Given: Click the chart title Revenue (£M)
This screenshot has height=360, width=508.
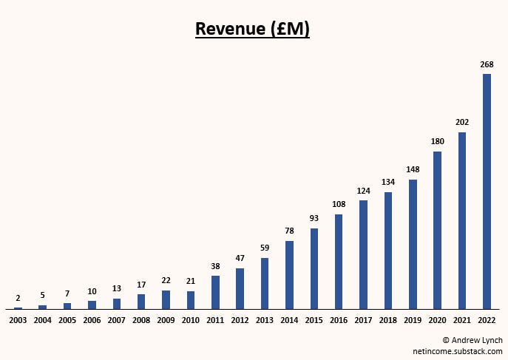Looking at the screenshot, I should (253, 29).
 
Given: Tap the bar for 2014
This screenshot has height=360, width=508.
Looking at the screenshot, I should (289, 275).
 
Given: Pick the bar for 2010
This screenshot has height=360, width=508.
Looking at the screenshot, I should (191, 299).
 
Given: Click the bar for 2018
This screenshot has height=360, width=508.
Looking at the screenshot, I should (388, 251).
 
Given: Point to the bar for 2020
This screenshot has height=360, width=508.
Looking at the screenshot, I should (438, 230).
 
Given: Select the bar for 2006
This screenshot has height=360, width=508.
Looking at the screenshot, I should (92, 305).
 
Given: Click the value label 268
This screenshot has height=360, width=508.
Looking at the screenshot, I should (487, 64).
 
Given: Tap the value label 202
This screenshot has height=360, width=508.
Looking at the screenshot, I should (462, 122).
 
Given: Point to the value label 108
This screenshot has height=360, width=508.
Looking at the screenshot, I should (339, 204).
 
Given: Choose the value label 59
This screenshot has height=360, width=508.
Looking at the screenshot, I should (265, 248).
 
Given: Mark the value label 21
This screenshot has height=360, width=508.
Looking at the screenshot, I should (191, 282).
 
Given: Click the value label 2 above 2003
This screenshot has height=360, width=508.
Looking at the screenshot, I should (18, 298).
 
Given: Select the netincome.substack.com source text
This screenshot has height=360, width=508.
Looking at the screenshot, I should (458, 351).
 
